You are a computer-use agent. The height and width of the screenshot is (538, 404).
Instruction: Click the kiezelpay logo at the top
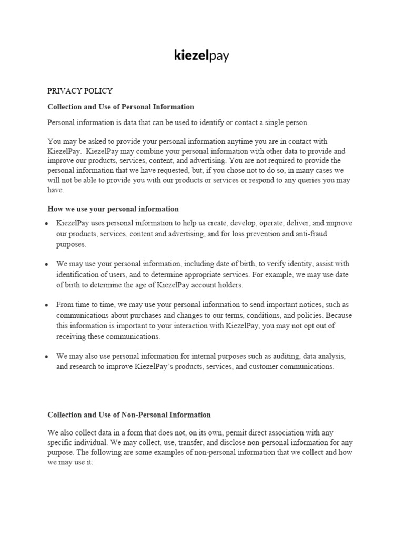[x=201, y=56]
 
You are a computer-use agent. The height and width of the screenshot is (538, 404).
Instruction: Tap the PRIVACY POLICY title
[x=80, y=91]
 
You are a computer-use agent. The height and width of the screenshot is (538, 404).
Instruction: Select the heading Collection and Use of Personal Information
[x=120, y=107]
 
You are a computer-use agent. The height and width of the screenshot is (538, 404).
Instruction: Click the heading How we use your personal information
[x=113, y=209]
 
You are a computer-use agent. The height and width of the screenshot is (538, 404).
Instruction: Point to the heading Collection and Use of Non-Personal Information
[x=129, y=415]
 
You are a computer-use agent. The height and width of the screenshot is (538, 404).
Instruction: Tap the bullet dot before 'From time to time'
[x=47, y=305]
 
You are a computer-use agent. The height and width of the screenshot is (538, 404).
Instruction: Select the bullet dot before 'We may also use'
[x=47, y=357]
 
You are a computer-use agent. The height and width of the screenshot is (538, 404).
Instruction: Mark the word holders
[x=229, y=285]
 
